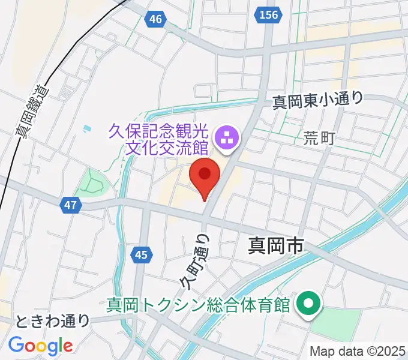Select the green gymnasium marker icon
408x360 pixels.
coord(309,305)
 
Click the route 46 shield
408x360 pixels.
coord(155,19)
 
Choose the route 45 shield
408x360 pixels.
coord(141,256)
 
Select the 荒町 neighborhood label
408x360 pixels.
coord(319,139)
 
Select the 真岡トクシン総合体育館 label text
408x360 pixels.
coord(199,305)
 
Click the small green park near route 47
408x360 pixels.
coord(94,182)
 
